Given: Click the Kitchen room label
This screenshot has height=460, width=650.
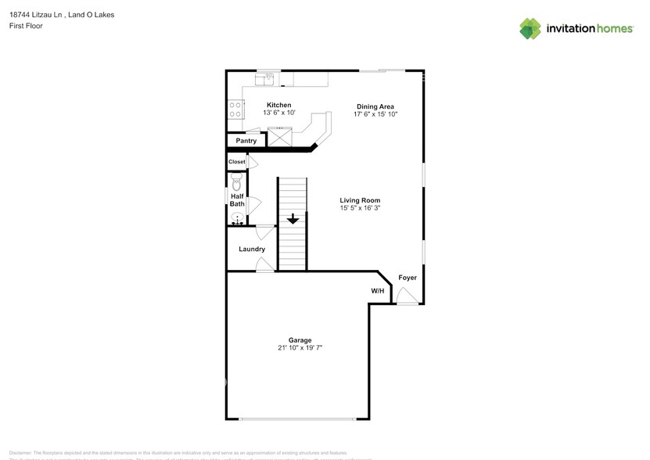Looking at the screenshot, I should pos(279,105).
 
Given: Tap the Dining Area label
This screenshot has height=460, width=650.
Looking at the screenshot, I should pos(375,106).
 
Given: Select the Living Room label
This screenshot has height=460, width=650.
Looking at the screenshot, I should pos(360,200).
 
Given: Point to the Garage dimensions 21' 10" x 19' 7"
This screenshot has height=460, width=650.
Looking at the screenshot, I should pos(300,347).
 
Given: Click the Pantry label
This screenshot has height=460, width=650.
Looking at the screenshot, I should pos(246,141).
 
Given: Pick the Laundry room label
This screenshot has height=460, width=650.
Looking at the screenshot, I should pos(252,249).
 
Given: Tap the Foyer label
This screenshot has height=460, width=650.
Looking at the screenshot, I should pos(408,278).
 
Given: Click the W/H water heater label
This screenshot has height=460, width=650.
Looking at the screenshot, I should pos(378,291).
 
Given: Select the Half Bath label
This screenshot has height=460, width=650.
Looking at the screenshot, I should pos(237,200).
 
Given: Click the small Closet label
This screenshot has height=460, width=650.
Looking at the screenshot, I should pos(236,162).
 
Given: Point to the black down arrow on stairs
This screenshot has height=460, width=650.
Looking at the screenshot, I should pos(293,219).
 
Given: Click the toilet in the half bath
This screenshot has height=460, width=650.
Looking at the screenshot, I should pos(237,182).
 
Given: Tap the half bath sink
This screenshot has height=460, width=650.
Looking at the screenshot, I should pos(237,219).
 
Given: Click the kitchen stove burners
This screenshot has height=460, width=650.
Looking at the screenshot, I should pos(235,110).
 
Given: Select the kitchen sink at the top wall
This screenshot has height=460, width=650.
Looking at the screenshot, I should pos(268,78).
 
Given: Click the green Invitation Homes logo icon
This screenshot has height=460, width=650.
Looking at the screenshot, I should pos(530,29).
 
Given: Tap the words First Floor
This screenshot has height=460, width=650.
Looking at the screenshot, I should pos(26,26).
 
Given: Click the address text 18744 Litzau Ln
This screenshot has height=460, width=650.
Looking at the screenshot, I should pos(39,14).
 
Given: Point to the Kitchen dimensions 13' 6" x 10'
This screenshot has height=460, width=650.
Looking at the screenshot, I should pos(279,113).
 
